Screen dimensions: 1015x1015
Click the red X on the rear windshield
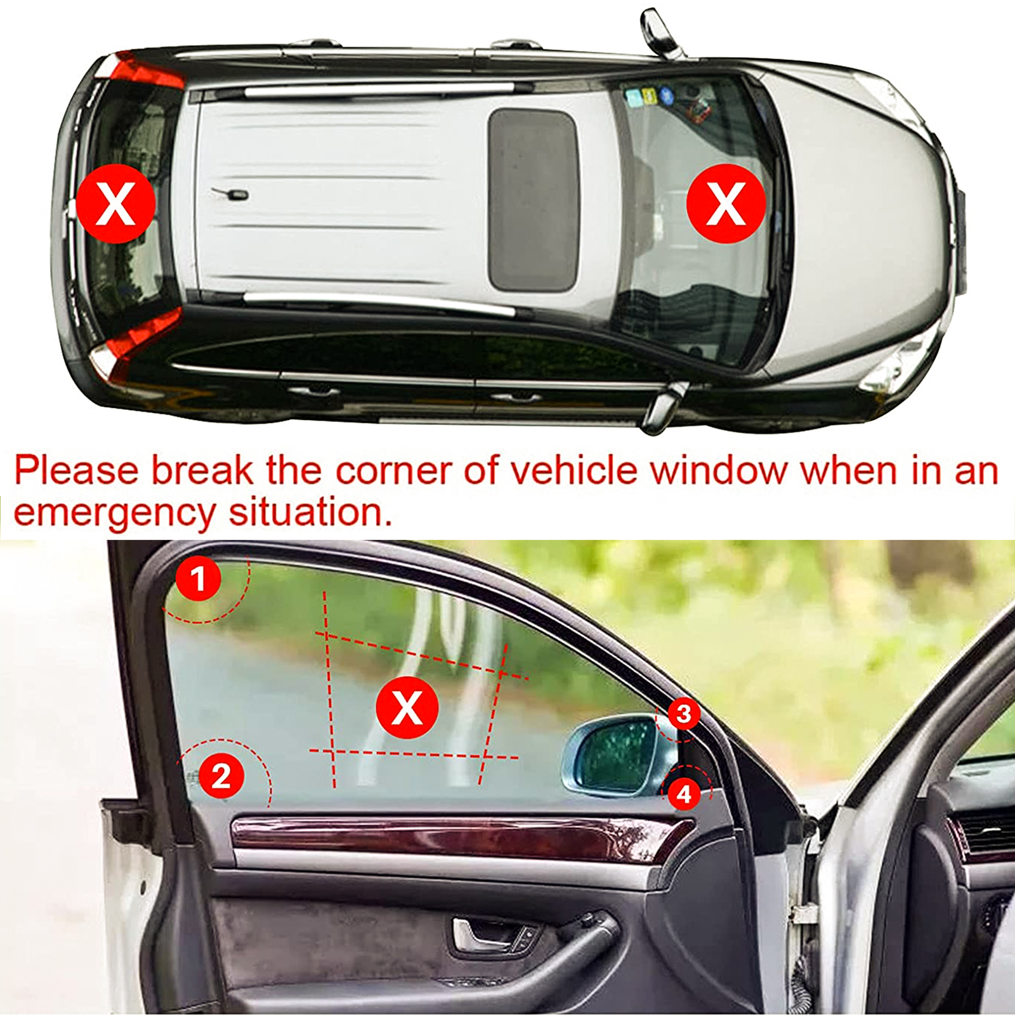coord(115,203)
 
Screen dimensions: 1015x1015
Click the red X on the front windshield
coord(726,203)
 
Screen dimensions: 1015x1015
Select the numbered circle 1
coord(199,579)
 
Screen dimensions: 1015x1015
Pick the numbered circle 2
coord(221,776)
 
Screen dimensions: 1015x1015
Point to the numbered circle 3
coord(683,714)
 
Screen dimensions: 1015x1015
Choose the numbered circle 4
coord(684,794)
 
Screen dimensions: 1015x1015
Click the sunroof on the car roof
coord(533,200)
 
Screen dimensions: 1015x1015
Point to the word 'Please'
coord(76,471)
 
